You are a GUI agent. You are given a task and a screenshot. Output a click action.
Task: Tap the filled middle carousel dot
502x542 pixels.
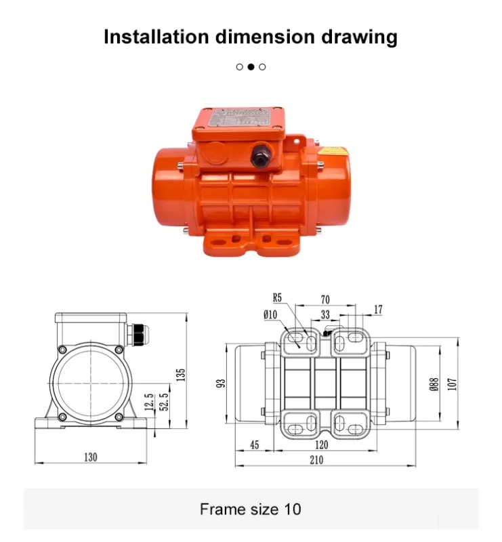[251, 66]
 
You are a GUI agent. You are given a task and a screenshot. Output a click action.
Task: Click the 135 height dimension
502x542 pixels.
[181, 374]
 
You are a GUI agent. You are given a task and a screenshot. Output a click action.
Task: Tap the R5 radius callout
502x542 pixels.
[278, 297]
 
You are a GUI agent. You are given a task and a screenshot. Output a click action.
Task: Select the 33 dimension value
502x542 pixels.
[325, 314]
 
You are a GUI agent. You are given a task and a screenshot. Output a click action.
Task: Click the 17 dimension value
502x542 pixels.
[377, 310]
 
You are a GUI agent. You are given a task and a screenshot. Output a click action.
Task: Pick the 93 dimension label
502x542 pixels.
[220, 383]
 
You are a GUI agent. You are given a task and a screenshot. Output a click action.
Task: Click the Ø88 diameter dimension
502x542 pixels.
[434, 383]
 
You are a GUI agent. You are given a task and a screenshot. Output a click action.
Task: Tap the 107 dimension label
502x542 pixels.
[453, 383]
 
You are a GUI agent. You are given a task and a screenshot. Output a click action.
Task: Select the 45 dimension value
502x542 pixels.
[255, 445]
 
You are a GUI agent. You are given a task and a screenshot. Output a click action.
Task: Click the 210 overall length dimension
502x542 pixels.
[316, 460]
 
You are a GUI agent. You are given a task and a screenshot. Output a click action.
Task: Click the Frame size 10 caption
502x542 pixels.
[251, 509]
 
